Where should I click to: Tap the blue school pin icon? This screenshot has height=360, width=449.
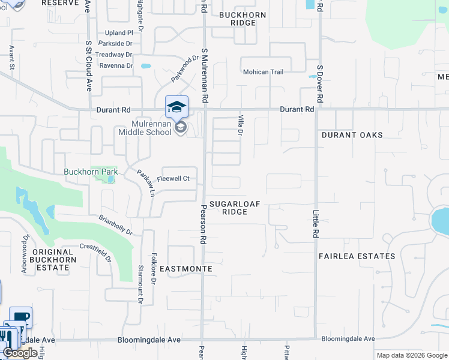(176, 107)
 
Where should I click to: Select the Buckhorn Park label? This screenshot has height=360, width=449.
(91, 172)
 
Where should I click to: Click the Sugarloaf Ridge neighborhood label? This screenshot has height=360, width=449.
(235, 208)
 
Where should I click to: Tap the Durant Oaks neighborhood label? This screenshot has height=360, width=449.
(352, 135)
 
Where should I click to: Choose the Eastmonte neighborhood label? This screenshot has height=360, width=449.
(187, 269)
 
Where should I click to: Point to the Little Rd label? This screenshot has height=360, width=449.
(315, 223)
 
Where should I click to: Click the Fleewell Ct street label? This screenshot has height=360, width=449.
(173, 178)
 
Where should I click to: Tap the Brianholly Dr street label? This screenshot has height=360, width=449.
(115, 225)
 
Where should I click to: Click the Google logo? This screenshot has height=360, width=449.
(20, 353)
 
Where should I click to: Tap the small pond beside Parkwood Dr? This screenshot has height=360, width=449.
(146, 66)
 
